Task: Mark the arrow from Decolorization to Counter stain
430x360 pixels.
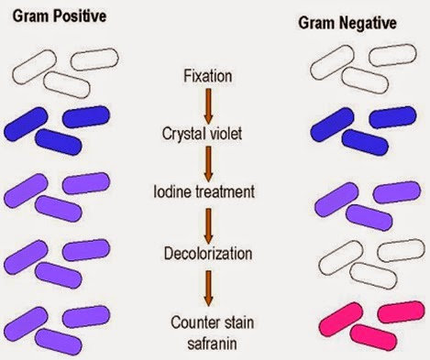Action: tap(208, 281)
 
